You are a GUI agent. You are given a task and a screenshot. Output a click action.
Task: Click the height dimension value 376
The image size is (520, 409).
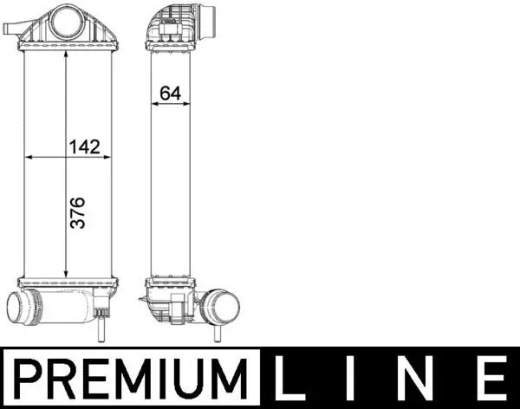point(77,212)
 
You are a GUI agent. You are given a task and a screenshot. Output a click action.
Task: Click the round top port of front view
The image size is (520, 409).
point(66,20)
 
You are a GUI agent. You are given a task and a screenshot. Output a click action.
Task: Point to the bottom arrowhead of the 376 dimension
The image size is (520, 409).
point(67,271)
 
